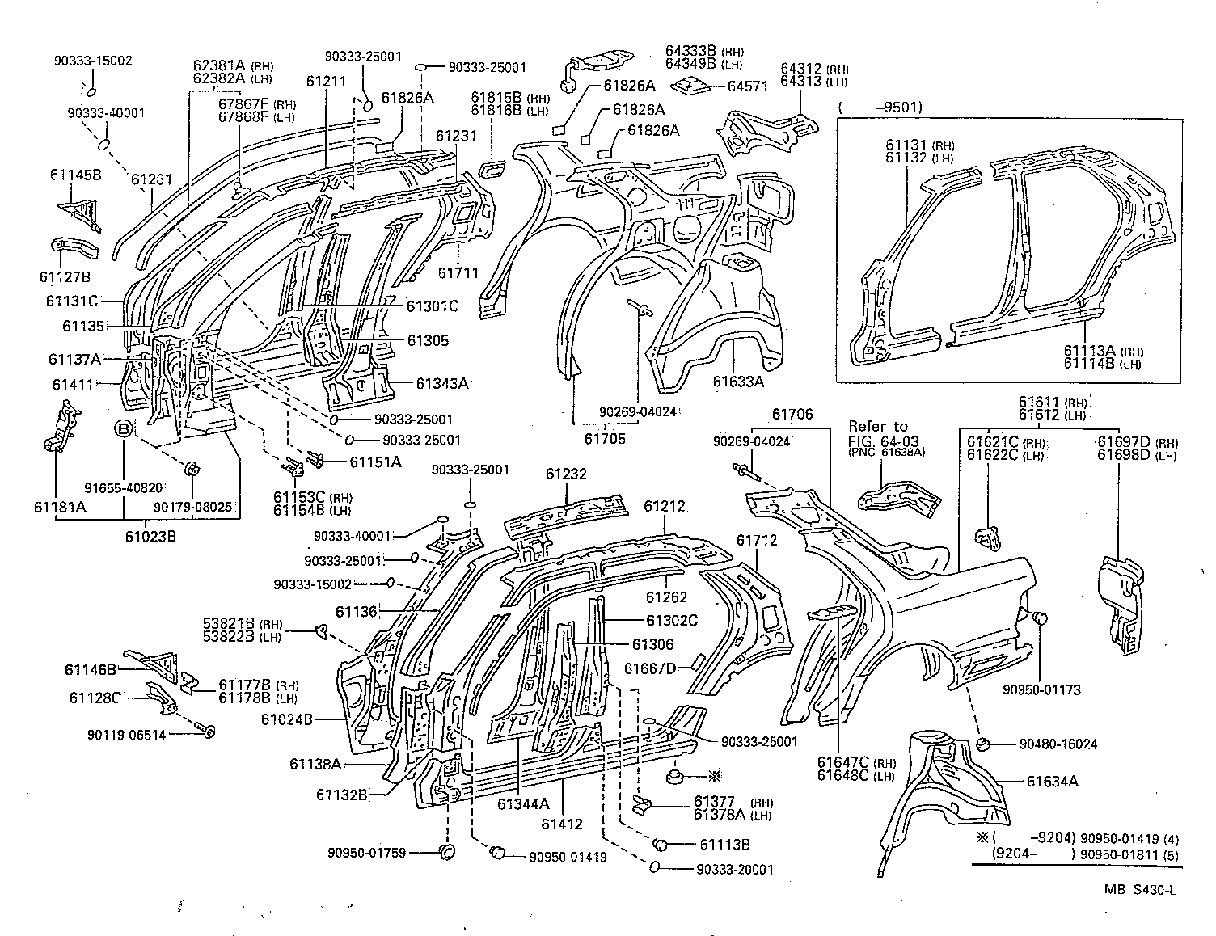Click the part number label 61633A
click(737, 382)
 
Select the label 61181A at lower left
click(58, 507)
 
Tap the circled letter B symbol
click(123, 428)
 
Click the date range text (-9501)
click(880, 107)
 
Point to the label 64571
click(747, 86)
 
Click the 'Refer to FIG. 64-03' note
click(877, 432)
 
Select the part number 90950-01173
click(1041, 689)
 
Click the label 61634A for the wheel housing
click(1052, 781)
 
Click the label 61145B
click(75, 175)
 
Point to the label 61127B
click(64, 277)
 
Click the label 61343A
click(442, 383)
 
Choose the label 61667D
click(649, 668)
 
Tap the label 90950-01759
click(366, 852)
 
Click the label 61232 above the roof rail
click(565, 474)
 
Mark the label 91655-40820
click(124, 487)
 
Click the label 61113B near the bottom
click(724, 844)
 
